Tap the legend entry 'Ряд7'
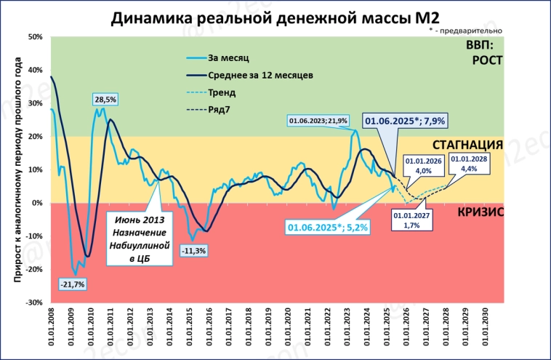220,111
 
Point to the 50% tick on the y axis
36,36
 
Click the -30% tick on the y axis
34,302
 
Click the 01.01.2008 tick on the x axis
52,328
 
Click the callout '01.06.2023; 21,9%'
318,120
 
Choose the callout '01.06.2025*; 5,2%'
327,228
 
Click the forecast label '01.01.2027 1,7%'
411,220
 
